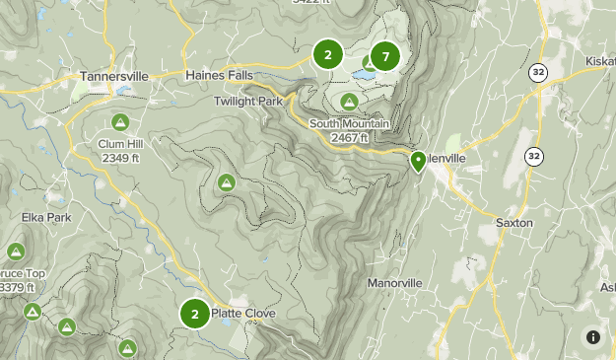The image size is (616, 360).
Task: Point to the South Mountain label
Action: [350, 123]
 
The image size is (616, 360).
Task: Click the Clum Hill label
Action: [120, 144]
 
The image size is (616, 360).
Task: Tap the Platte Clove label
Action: [251, 314]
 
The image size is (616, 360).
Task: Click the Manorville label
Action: [394, 283]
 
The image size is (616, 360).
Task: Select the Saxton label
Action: [514, 223]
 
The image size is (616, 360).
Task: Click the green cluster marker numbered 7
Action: [384, 56]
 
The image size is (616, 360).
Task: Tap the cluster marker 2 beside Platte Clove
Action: [195, 314]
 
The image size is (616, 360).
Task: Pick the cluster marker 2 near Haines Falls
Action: [327, 55]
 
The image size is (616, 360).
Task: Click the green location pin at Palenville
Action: [418, 161]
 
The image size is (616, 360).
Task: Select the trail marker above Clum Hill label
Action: [120, 122]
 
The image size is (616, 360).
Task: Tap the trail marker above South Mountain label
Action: [349, 102]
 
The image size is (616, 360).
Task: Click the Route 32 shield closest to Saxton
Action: [533, 156]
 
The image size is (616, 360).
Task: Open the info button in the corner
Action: [593, 336]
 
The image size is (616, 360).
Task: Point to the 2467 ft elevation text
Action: [350, 137]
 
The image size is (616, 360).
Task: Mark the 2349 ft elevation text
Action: [120, 158]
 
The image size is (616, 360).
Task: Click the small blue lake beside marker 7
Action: [365, 74]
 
